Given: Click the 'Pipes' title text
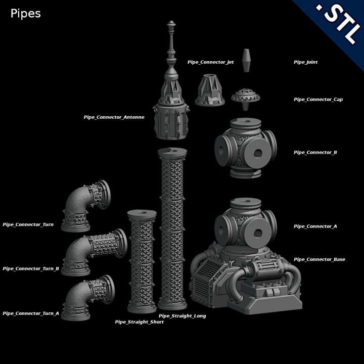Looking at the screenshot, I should (25, 14).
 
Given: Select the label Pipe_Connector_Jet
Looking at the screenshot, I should (210, 62).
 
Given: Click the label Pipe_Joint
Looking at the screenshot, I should (305, 62).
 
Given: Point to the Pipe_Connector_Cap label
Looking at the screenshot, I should (318, 100).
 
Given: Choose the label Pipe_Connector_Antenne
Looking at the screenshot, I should (114, 117).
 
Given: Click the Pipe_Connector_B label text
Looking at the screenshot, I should (315, 152).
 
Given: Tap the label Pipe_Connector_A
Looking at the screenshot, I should (315, 226).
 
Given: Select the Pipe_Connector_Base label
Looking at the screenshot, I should (319, 259).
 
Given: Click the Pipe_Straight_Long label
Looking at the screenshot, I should (182, 316).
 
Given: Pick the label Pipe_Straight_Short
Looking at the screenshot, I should (139, 322).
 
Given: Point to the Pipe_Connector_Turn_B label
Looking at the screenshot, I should (31, 268).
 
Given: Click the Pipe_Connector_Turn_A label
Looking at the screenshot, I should (31, 313).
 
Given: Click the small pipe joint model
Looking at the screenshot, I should (246, 61).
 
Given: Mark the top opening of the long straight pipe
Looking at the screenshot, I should (172, 151).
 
